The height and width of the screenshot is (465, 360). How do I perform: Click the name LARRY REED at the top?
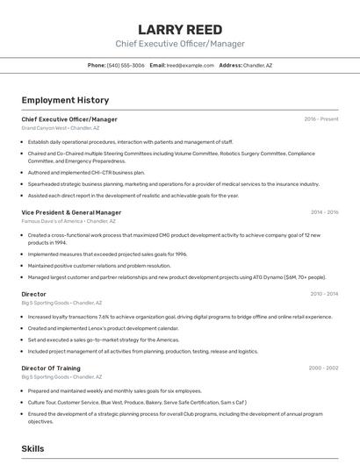click(x=180, y=29)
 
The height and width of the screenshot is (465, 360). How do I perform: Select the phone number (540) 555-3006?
click(x=126, y=65)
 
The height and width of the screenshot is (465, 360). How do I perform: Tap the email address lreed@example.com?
click(x=191, y=65)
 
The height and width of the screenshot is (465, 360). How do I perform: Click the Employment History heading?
click(x=65, y=100)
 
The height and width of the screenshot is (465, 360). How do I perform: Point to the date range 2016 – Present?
click(x=320, y=118)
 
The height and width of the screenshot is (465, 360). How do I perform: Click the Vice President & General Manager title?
click(x=71, y=212)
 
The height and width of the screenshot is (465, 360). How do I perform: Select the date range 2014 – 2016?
click(x=324, y=212)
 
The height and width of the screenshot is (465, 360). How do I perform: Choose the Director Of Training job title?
click(x=51, y=368)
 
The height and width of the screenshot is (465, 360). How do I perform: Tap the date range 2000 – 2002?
click(x=323, y=368)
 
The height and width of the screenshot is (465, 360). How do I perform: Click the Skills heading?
click(x=32, y=448)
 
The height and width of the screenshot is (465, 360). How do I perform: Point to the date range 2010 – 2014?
click(x=323, y=294)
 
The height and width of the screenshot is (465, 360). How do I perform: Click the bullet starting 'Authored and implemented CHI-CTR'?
click(x=86, y=173)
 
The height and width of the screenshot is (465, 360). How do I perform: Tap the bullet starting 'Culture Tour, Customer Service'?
click(x=136, y=402)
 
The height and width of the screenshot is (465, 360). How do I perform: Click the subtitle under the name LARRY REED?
click(x=180, y=44)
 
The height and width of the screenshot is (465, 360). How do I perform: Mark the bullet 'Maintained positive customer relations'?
click(x=98, y=265)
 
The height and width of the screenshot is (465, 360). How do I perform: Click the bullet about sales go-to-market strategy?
click(x=103, y=340)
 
